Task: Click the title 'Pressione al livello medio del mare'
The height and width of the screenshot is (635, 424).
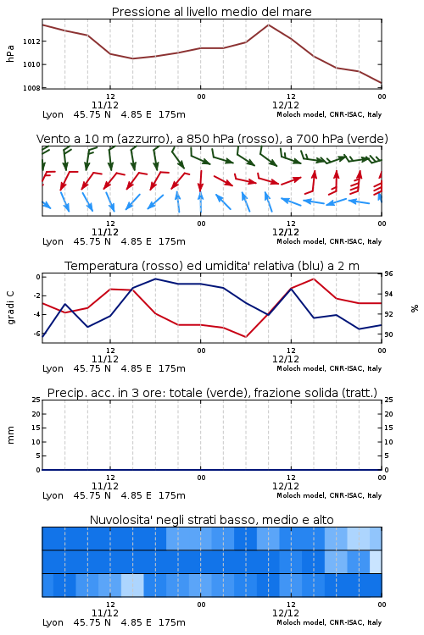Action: (211, 12)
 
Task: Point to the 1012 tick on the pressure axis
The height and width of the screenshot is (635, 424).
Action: (31, 41)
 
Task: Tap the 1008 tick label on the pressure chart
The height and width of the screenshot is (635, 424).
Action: (31, 88)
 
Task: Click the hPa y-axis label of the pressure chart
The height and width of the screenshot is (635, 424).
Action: (10, 53)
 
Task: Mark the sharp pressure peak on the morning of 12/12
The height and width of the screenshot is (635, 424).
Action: (268, 25)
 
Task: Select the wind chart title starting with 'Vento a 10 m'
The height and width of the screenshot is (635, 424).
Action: (212, 139)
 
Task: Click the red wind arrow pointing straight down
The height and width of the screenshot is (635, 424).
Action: (200, 180)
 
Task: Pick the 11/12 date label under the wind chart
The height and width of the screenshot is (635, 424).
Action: (105, 232)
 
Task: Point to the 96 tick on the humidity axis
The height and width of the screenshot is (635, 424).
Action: (388, 273)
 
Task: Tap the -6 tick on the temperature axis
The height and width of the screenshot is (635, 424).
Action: (36, 334)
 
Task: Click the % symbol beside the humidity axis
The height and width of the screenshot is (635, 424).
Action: (415, 308)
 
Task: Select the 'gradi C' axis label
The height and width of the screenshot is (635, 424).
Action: (11, 307)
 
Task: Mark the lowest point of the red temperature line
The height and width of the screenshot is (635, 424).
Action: (246, 336)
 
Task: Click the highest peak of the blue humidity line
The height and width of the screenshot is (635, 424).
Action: (155, 279)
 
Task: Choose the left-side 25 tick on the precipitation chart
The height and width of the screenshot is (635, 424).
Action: (36, 400)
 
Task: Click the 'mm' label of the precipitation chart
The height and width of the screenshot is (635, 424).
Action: (10, 435)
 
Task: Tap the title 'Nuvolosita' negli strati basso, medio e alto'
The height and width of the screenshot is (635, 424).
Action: (211, 520)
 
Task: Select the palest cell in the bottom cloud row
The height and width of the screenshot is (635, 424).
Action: (132, 585)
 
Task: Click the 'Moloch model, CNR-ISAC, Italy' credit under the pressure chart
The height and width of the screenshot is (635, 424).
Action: (329, 114)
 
